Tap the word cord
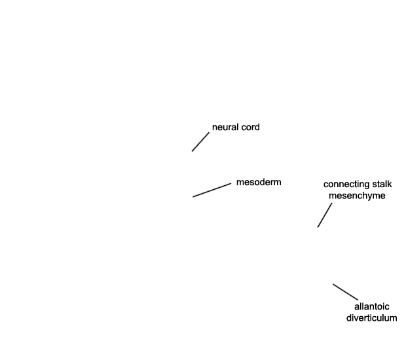point(250,128)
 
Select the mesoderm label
point(259,182)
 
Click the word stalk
point(382,185)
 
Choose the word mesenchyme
point(357,196)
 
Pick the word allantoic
point(372,306)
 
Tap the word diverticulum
point(372,318)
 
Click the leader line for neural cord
point(200,142)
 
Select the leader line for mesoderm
point(212,190)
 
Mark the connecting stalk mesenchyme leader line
point(325,215)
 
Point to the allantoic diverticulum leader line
point(345,292)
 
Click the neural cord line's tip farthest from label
point(192,151)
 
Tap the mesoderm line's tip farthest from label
point(193,197)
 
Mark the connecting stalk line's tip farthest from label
point(318,227)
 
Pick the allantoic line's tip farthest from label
point(333,284)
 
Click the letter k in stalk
point(390,185)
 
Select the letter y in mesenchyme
point(370,197)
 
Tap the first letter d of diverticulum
point(349,318)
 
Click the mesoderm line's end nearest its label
point(231,183)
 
